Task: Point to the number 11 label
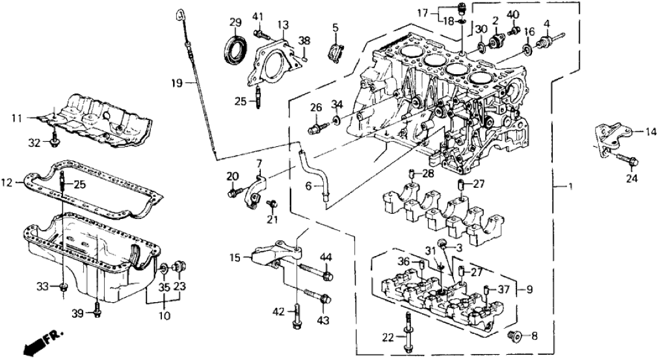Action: (16, 118)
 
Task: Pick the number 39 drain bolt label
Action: (77, 314)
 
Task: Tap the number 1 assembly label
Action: (570, 188)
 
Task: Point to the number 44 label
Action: (326, 257)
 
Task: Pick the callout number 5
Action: (336, 27)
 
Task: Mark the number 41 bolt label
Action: (258, 16)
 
